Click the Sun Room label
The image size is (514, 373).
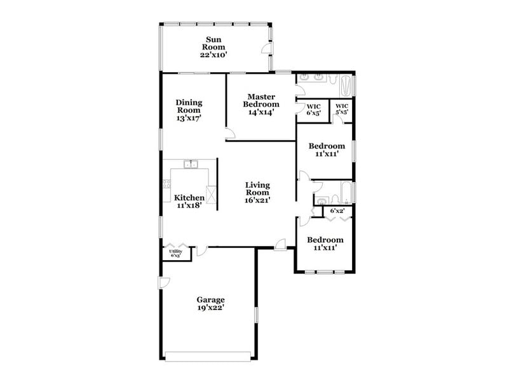(x=213, y=46)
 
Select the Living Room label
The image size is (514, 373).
(x=257, y=192)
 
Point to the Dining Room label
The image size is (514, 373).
(x=189, y=109)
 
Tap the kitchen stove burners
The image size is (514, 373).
(x=166, y=185)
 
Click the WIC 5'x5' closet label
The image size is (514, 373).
(x=342, y=109)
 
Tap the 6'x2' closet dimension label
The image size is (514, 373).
(x=337, y=211)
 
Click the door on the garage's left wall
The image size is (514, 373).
(x=163, y=283)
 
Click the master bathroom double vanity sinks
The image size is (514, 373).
(x=315, y=79)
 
